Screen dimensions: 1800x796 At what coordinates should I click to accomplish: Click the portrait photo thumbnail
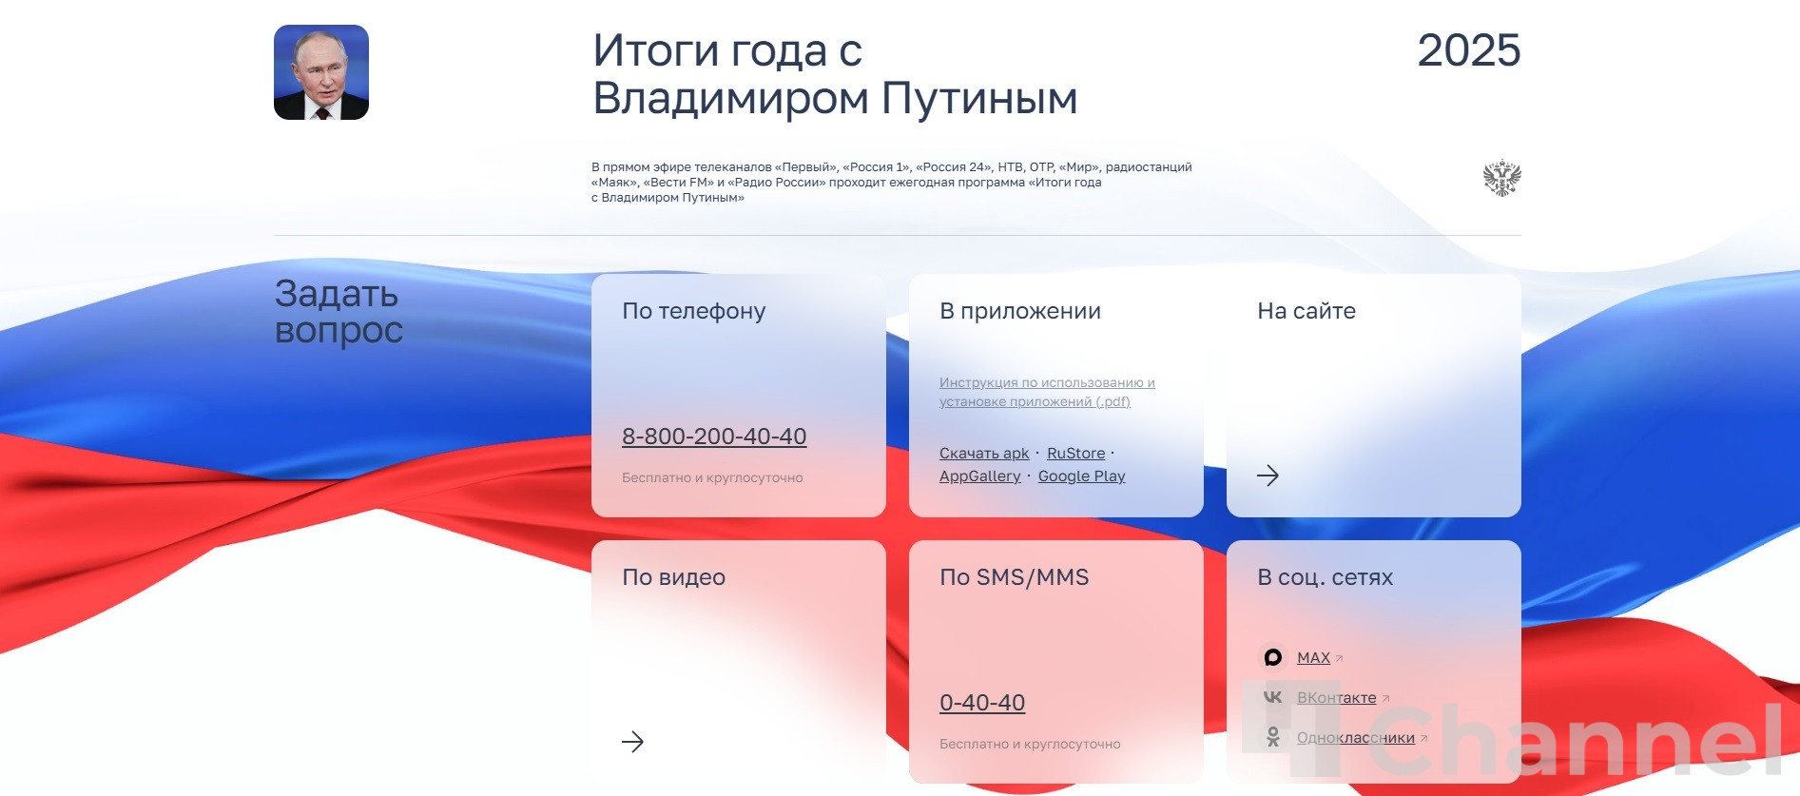pyautogui.click(x=321, y=72)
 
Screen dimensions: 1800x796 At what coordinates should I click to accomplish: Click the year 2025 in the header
pyautogui.click(x=1469, y=50)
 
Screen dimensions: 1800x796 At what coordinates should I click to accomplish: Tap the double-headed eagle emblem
pyautogui.click(x=1502, y=178)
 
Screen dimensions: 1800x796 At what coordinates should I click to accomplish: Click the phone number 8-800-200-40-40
pyautogui.click(x=714, y=437)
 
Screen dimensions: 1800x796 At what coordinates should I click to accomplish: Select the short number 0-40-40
pyautogui.click(x=982, y=703)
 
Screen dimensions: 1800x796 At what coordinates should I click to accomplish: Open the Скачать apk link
pyautogui.click(x=984, y=454)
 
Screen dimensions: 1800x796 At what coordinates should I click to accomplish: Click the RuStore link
pyautogui.click(x=1076, y=454)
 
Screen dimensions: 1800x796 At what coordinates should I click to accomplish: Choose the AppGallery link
pyautogui.click(x=980, y=476)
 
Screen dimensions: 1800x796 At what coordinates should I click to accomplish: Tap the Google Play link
pyautogui.click(x=1082, y=476)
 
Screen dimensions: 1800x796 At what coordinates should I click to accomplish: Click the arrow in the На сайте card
pyautogui.click(x=1268, y=476)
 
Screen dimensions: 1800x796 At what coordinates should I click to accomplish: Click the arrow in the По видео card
pyautogui.click(x=633, y=742)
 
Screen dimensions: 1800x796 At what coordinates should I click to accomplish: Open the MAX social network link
pyautogui.click(x=1314, y=658)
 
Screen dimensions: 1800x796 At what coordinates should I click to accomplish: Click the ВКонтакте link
pyautogui.click(x=1337, y=698)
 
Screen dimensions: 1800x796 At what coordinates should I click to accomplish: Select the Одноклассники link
pyautogui.click(x=1356, y=738)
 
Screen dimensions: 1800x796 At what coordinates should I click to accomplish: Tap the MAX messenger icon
pyautogui.click(x=1273, y=657)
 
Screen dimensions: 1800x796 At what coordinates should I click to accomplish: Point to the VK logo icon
pyautogui.click(x=1273, y=697)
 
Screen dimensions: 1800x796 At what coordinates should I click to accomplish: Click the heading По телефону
pyautogui.click(x=694, y=311)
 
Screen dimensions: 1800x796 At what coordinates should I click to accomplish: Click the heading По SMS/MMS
pyautogui.click(x=1015, y=577)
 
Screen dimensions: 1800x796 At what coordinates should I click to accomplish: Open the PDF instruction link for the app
pyautogui.click(x=1047, y=392)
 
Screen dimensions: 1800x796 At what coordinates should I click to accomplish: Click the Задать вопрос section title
pyautogui.click(x=339, y=312)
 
